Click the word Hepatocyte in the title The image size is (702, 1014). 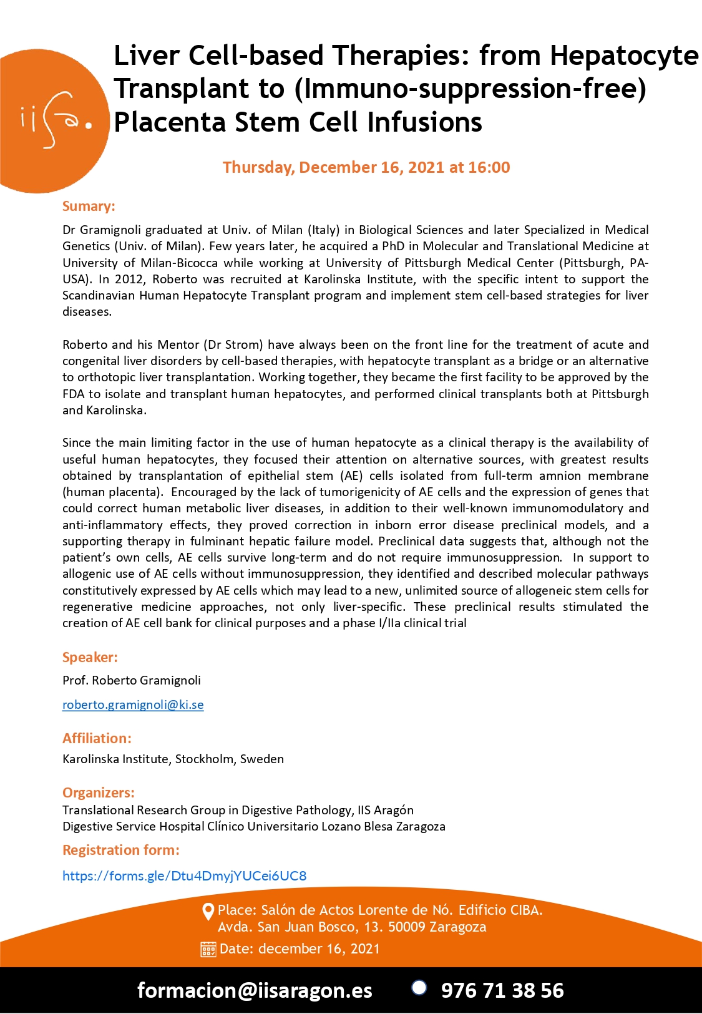click(x=624, y=56)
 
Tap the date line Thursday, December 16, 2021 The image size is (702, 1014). click(x=366, y=167)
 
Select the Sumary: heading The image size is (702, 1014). click(x=89, y=207)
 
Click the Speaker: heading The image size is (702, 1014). click(x=90, y=657)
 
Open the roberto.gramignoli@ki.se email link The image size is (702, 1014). click(x=133, y=704)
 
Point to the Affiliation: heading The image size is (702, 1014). click(x=97, y=738)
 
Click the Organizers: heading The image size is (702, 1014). click(x=99, y=792)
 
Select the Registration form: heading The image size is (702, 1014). click(x=121, y=850)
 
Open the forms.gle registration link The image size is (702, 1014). click(x=184, y=875)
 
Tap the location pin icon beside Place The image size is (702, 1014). click(x=208, y=912)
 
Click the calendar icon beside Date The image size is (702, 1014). click(x=208, y=949)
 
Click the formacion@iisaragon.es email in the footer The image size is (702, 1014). click(x=255, y=990)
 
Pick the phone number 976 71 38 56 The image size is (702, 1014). click(x=502, y=990)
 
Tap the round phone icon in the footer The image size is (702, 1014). click(x=419, y=987)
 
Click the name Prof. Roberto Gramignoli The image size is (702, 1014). click(x=131, y=680)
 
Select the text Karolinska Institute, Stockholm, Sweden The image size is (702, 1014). click(x=173, y=759)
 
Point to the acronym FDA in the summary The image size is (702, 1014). click(x=74, y=394)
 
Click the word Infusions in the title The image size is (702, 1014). click(x=424, y=122)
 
